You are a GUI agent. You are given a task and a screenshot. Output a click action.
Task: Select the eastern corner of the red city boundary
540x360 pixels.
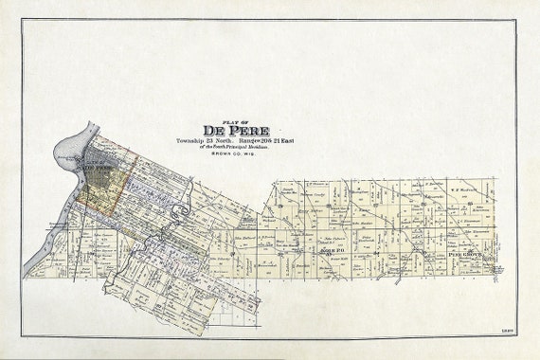tap(137, 158)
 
